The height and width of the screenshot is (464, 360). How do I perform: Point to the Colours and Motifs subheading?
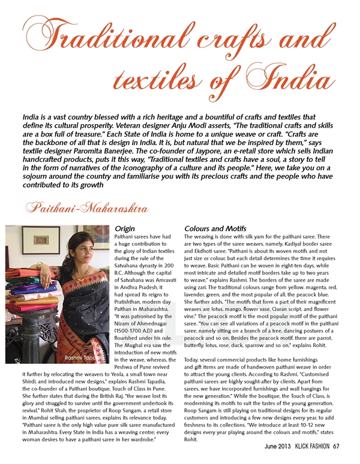pos(212,229)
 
